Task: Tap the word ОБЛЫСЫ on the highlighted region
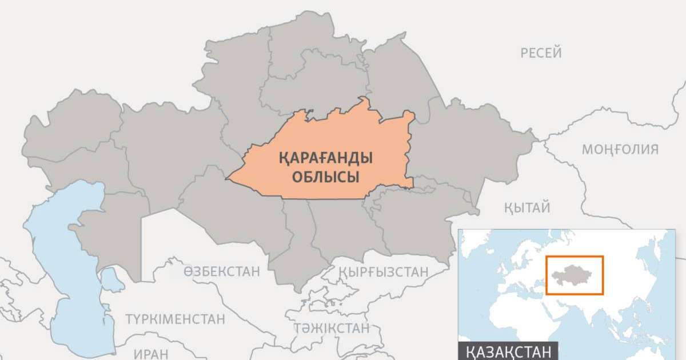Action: pyautogui.click(x=325, y=177)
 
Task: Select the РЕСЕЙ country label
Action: pyautogui.click(x=541, y=53)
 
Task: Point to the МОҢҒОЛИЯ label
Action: pyautogui.click(x=620, y=150)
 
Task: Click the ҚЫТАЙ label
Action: pyautogui.click(x=527, y=207)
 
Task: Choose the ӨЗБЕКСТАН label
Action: pyautogui.click(x=222, y=271)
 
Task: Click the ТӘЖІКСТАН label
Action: pyautogui.click(x=332, y=328)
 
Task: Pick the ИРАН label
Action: pyautogui.click(x=151, y=353)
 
